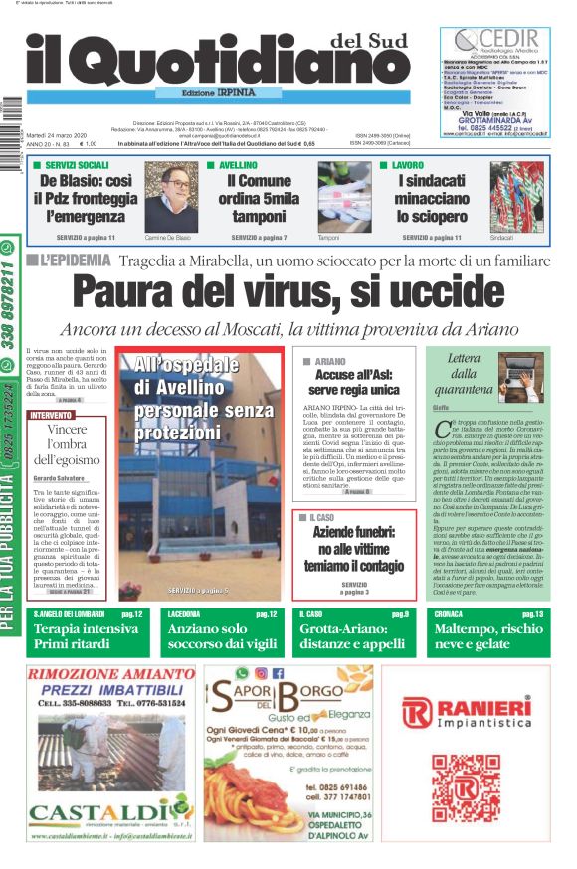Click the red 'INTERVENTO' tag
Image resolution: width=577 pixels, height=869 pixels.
click(x=51, y=414)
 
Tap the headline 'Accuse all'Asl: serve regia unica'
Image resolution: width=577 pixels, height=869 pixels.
click(x=357, y=383)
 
